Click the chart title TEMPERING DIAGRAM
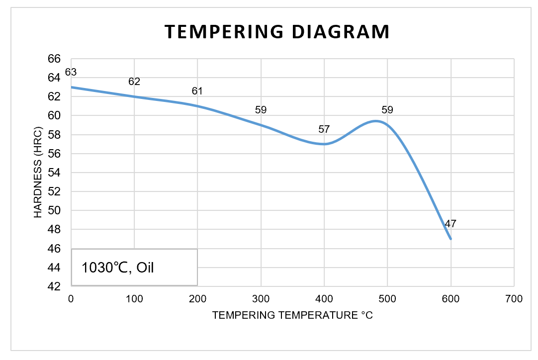pyautogui.click(x=277, y=32)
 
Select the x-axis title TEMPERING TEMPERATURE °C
pyautogui.click(x=292, y=315)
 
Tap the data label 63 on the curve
pyautogui.click(x=71, y=73)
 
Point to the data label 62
pyautogui.click(x=134, y=82)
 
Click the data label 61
pyautogui.click(x=197, y=91)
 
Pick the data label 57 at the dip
pyautogui.click(x=324, y=130)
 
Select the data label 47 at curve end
pyautogui.click(x=450, y=224)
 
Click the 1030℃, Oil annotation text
pyautogui.click(x=118, y=268)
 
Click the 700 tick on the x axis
pyautogui.click(x=514, y=299)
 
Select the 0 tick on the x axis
pyautogui.click(x=71, y=299)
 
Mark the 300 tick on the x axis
pyautogui.click(x=261, y=299)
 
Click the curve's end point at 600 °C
pyautogui.click(x=450, y=239)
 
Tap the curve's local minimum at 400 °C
pyautogui.click(x=324, y=144)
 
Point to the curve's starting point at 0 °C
pyautogui.click(x=72, y=87)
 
